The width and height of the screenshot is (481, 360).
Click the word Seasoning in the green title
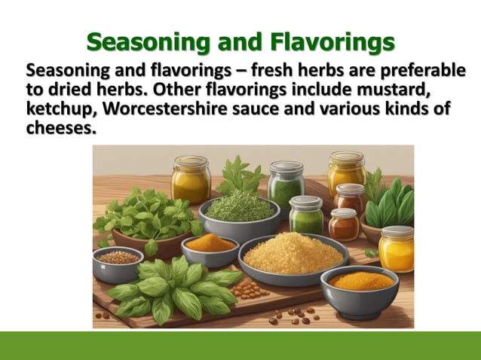149,43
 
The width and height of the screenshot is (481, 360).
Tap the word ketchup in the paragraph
60,110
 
